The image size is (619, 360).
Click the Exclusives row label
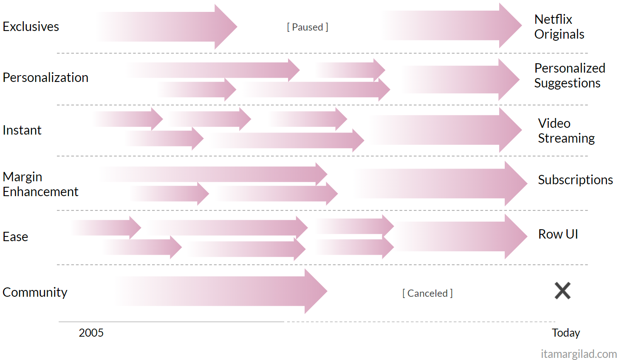click(x=31, y=27)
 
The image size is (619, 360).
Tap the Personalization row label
click(x=45, y=78)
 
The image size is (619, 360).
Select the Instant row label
click(x=22, y=130)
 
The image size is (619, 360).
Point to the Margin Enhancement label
click(x=40, y=184)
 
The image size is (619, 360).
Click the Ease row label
click(x=15, y=237)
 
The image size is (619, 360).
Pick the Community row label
click(x=35, y=292)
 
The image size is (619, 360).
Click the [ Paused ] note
click(x=308, y=27)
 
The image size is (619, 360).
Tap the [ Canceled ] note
click(x=427, y=293)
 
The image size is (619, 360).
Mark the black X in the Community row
click(x=562, y=291)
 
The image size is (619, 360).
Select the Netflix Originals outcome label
click(x=560, y=27)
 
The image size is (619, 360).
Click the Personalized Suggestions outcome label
click(x=570, y=76)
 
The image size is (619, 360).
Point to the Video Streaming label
click(x=566, y=131)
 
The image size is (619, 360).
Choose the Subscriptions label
click(x=575, y=180)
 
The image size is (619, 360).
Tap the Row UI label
click(x=558, y=234)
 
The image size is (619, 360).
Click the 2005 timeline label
click(x=91, y=333)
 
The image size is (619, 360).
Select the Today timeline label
click(x=566, y=333)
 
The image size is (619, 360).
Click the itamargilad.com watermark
click(x=579, y=354)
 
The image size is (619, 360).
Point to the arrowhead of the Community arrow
click(x=316, y=291)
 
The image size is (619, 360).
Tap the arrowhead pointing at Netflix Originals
click(x=510, y=25)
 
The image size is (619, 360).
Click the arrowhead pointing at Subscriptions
click(x=516, y=183)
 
